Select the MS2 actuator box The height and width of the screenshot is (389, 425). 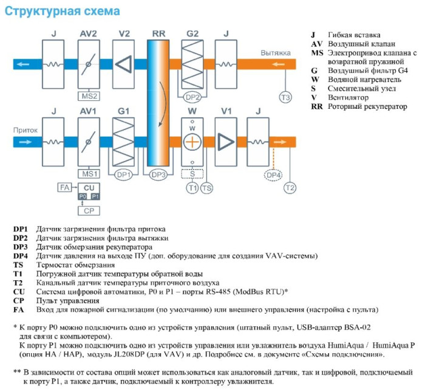[89, 96]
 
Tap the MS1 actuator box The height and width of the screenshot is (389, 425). [89, 173]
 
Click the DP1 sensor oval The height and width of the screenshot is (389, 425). [124, 174]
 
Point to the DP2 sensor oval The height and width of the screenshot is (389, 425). [192, 97]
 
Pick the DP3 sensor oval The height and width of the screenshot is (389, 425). [159, 174]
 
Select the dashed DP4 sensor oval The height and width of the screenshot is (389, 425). [274, 174]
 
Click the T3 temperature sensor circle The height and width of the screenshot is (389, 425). [285, 97]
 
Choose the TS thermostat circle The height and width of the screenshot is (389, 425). [207, 188]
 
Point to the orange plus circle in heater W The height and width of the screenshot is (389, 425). [192, 141]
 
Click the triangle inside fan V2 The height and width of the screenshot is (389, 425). [124, 64]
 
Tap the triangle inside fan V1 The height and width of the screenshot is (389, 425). [226, 141]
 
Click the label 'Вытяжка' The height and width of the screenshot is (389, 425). [276, 53]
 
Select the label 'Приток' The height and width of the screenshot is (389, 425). [22, 130]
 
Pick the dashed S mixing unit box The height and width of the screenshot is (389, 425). [192, 174]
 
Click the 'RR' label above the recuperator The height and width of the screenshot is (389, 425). [158, 34]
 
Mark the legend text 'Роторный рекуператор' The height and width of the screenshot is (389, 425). [367, 106]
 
